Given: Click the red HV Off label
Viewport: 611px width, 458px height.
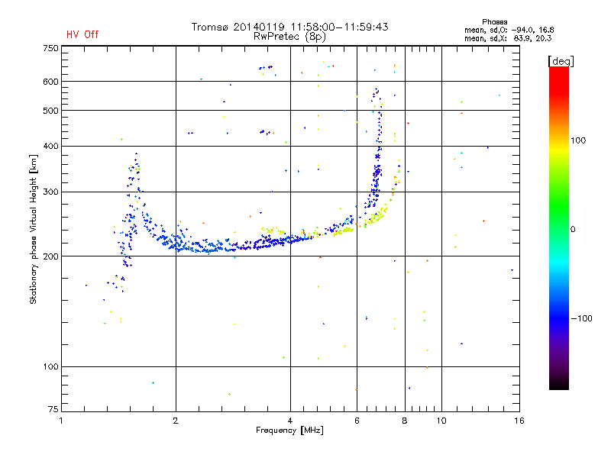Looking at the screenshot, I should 82,34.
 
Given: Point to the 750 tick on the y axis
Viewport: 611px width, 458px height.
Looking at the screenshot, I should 50,48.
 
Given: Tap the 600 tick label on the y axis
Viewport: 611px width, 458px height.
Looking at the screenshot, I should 50,82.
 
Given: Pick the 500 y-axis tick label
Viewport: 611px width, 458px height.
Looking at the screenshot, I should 50,111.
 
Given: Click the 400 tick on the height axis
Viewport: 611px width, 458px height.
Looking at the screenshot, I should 50,146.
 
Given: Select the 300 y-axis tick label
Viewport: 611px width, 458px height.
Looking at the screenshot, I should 50,192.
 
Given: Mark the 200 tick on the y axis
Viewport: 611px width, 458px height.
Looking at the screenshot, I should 50,256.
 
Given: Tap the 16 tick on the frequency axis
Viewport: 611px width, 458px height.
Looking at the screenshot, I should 518,420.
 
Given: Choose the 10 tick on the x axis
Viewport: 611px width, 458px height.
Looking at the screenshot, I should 441,420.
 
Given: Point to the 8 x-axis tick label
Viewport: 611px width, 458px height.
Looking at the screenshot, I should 405,420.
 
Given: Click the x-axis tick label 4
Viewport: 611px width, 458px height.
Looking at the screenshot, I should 290,420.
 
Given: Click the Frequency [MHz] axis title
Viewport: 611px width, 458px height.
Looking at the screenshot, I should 289,431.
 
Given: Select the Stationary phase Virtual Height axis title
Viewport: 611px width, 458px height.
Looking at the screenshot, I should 34,229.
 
